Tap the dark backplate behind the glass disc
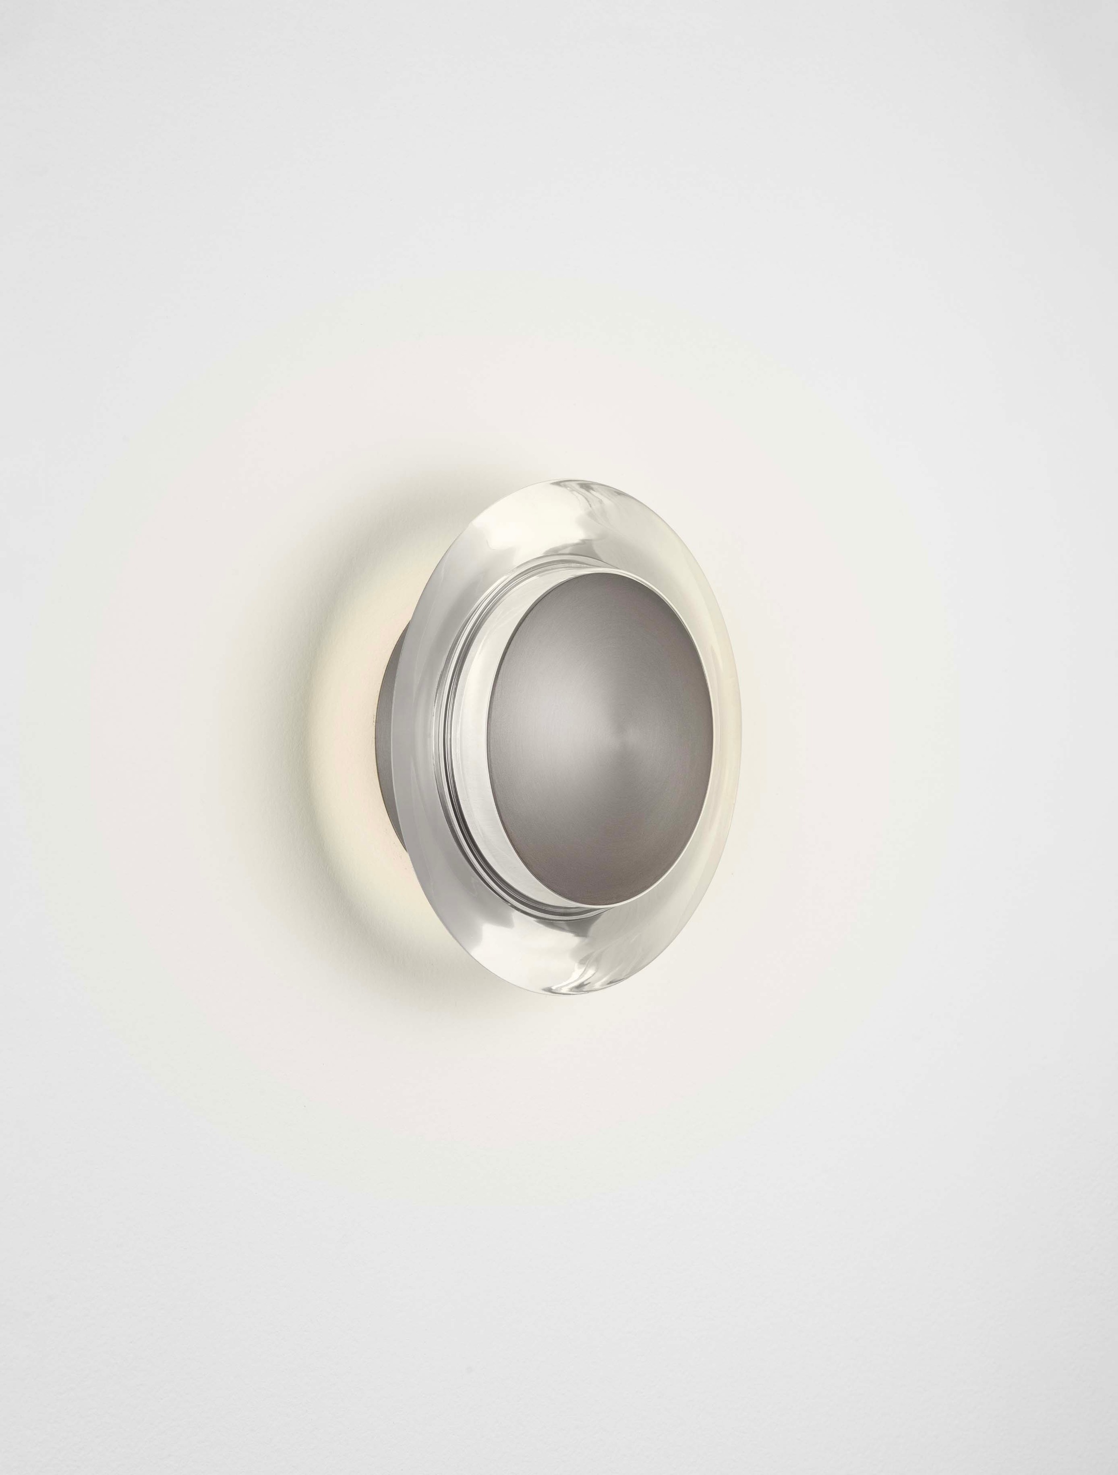pos(389,720)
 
